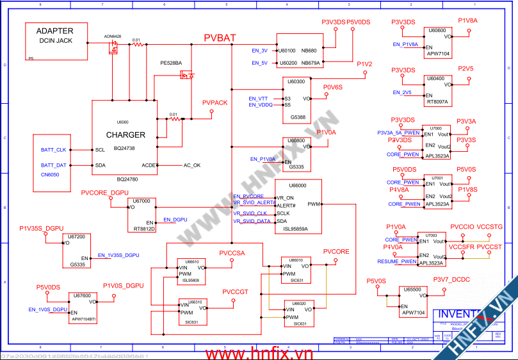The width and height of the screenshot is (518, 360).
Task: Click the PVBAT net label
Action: click(220, 38)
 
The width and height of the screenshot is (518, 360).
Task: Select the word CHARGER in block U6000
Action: click(125, 135)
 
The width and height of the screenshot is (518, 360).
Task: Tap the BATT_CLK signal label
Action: click(53, 150)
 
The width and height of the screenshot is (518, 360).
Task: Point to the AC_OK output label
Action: click(192, 165)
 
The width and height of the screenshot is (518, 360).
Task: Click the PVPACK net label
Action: click(214, 102)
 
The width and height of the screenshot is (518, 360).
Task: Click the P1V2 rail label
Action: click(364, 64)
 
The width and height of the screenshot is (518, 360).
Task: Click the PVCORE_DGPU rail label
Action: click(105, 193)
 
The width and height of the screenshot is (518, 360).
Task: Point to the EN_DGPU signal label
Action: click(175, 220)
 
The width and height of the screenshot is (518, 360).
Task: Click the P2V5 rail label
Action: click(465, 69)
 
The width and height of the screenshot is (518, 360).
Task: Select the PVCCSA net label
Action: click(232, 254)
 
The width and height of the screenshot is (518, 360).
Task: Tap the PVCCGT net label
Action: click(236, 292)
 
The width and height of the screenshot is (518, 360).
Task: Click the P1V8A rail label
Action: click(467, 20)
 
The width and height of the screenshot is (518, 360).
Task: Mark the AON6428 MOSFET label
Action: click(113, 37)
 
